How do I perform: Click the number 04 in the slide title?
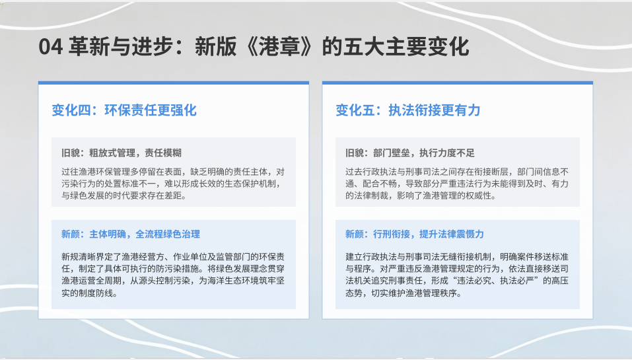(x=51, y=46)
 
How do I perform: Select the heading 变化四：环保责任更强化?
(x=124, y=110)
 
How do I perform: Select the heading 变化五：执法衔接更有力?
(x=408, y=110)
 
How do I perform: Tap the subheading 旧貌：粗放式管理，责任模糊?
(x=122, y=153)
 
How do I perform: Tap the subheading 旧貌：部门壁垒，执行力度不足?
(x=410, y=153)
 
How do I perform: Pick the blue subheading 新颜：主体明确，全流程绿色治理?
(x=131, y=234)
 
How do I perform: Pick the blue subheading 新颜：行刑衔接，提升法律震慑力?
(x=415, y=234)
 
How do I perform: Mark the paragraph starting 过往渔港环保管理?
(x=173, y=184)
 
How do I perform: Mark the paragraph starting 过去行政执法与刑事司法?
(x=457, y=184)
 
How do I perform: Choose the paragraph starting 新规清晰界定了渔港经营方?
(x=173, y=275)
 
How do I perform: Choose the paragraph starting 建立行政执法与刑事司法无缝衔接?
(x=457, y=275)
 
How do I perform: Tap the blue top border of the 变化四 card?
(x=174, y=83)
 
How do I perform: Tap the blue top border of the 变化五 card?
(x=458, y=83)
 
